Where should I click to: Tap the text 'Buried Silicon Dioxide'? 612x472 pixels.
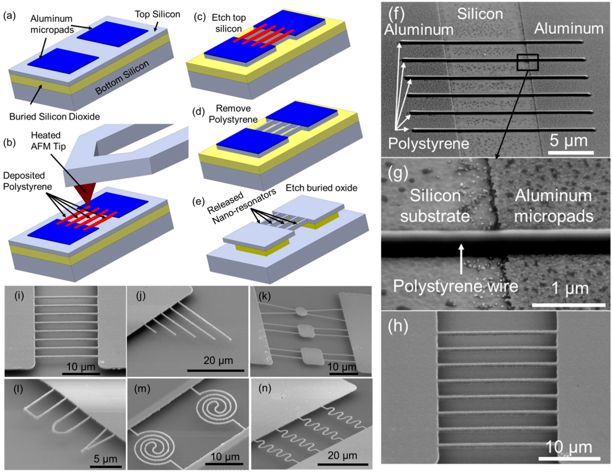55,116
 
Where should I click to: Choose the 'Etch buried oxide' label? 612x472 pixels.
321,188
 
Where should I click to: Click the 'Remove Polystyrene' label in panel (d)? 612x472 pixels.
233,114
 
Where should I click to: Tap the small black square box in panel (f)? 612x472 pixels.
528,62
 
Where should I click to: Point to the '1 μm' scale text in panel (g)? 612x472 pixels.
570,289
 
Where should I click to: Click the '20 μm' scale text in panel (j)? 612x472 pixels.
218,360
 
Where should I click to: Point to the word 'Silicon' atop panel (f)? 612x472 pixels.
480,14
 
